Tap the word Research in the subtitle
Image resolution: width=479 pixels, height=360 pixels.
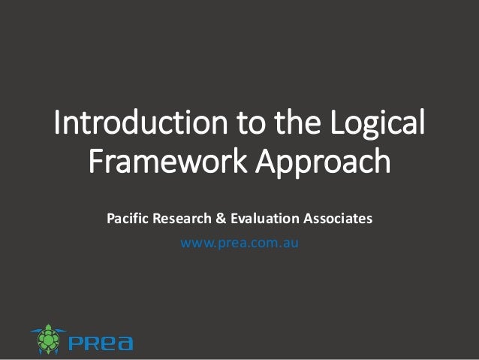pyautogui.click(x=182, y=219)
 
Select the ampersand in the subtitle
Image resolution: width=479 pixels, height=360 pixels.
pyautogui.click(x=221, y=219)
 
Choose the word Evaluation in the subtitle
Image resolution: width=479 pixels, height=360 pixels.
pyautogui.click(x=263, y=219)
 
